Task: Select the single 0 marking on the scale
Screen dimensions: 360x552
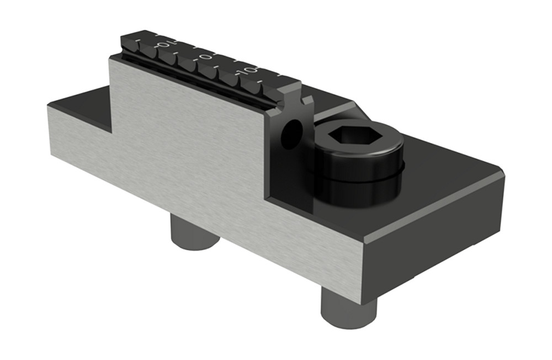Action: point(205,57)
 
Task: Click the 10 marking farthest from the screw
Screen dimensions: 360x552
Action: point(163,44)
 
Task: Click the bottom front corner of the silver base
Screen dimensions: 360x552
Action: point(362,301)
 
